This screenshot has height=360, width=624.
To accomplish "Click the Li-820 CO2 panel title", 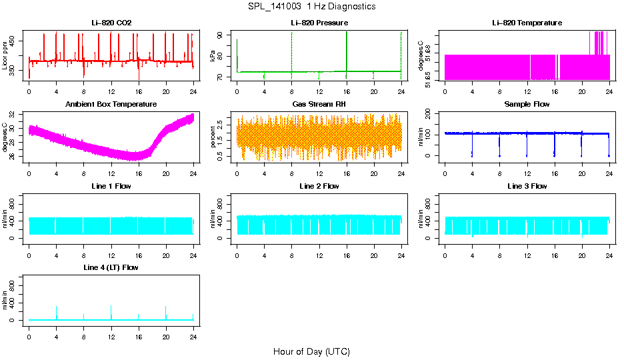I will tap(111, 23).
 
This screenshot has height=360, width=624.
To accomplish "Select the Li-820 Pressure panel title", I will tap(319, 23).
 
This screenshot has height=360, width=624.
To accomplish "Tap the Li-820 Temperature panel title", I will tap(527, 23).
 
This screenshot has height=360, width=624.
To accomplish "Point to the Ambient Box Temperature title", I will tap(111, 104).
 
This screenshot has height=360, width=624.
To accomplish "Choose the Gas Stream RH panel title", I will tap(319, 104).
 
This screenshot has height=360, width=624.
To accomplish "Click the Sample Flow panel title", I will tap(527, 104).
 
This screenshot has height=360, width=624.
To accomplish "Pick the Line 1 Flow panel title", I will tap(111, 186).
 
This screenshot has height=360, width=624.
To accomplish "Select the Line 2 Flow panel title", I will tap(319, 186).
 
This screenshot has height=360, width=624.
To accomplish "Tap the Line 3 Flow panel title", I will tap(527, 186).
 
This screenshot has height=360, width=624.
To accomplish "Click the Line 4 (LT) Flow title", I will tap(111, 267).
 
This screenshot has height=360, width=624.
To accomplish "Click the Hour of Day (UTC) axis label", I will tap(311, 351).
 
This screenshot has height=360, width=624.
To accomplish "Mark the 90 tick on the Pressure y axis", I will tap(222, 34).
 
